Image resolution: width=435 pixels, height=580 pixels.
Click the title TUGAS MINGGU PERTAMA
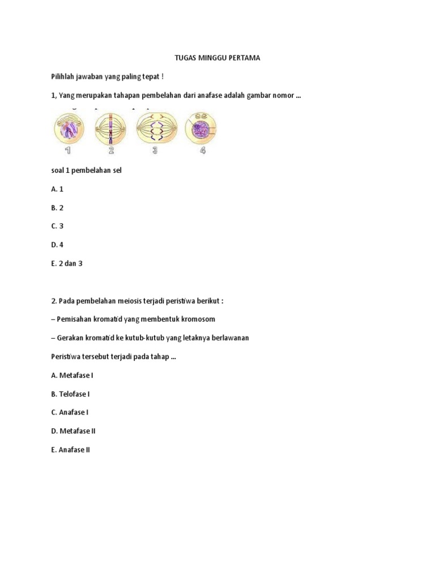point(217,58)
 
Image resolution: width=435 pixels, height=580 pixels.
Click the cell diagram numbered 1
point(69,128)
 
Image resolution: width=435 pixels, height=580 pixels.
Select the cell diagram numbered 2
point(112,128)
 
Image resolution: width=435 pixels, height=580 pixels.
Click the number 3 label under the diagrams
point(155,150)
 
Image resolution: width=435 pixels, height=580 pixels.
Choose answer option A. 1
point(57,189)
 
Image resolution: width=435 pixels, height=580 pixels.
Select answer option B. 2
point(57,208)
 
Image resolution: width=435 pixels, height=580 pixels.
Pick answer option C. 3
point(57,226)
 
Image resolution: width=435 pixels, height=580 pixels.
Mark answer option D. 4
point(57,245)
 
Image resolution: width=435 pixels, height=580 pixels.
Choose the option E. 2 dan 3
point(67,263)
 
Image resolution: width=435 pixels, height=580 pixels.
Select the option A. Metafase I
point(72,375)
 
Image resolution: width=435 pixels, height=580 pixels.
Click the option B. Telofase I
point(70,394)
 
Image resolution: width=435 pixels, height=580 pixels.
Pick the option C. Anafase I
point(70,412)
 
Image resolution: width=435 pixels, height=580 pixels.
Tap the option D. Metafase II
point(73,431)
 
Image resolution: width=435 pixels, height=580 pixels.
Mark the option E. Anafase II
point(70,450)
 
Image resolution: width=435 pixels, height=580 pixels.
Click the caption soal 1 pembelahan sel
point(86,170)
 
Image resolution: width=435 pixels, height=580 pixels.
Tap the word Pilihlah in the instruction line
point(63,76)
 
